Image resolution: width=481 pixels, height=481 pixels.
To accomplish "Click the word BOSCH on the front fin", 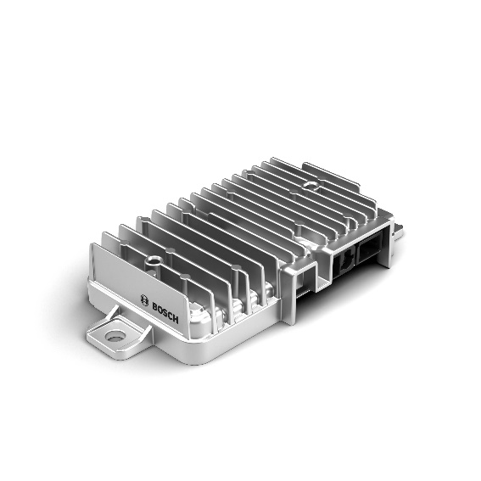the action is (x=165, y=312).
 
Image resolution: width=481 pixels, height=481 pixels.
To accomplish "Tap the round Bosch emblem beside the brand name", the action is (x=144, y=300).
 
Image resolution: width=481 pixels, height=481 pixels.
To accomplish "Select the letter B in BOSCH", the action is (x=154, y=306).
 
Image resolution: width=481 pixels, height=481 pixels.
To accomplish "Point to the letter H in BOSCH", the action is (x=176, y=318).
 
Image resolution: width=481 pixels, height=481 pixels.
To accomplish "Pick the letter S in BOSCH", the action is (x=165, y=312).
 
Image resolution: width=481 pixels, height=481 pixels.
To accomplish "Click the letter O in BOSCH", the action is (x=159, y=309).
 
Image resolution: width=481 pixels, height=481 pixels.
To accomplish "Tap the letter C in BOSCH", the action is (x=171, y=315).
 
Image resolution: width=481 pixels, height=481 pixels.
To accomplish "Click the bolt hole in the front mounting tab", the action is (x=115, y=336).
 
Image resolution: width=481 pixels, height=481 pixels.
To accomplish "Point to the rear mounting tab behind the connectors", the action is (x=398, y=231).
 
